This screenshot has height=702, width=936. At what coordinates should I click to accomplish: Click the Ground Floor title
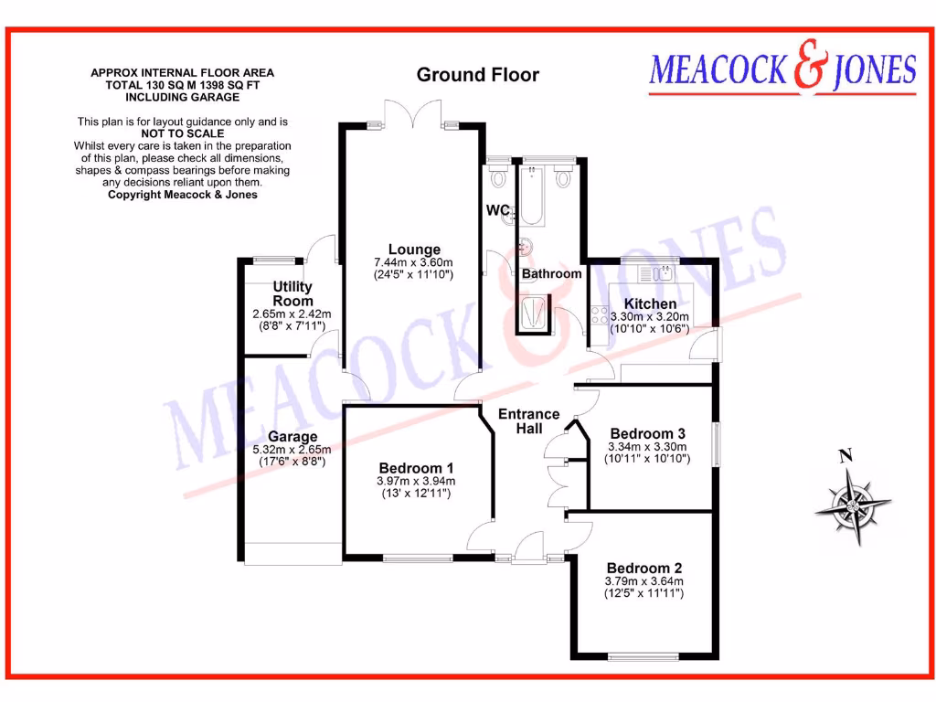(x=478, y=75)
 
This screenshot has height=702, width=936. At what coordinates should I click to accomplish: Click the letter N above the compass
(x=846, y=455)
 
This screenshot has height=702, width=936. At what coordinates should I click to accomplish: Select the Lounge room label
(x=414, y=250)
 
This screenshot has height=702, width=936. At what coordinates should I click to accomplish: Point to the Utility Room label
(x=292, y=294)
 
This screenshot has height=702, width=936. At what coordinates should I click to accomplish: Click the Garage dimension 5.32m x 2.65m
(x=292, y=450)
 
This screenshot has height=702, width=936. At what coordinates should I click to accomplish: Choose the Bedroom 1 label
(x=416, y=467)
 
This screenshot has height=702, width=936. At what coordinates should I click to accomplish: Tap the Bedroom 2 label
(x=643, y=567)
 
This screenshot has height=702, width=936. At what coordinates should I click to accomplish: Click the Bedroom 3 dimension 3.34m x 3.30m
(x=647, y=447)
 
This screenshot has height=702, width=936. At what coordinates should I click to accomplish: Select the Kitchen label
(x=650, y=303)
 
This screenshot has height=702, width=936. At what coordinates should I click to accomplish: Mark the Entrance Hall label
(x=528, y=421)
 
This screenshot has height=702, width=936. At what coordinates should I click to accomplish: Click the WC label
(x=497, y=210)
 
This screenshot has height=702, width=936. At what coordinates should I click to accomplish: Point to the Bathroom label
(x=551, y=273)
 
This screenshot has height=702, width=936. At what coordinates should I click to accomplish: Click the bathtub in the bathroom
(x=532, y=194)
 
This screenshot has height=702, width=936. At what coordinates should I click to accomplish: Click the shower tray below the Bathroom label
(x=535, y=314)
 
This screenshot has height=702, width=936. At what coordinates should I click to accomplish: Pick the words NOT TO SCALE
(x=182, y=133)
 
